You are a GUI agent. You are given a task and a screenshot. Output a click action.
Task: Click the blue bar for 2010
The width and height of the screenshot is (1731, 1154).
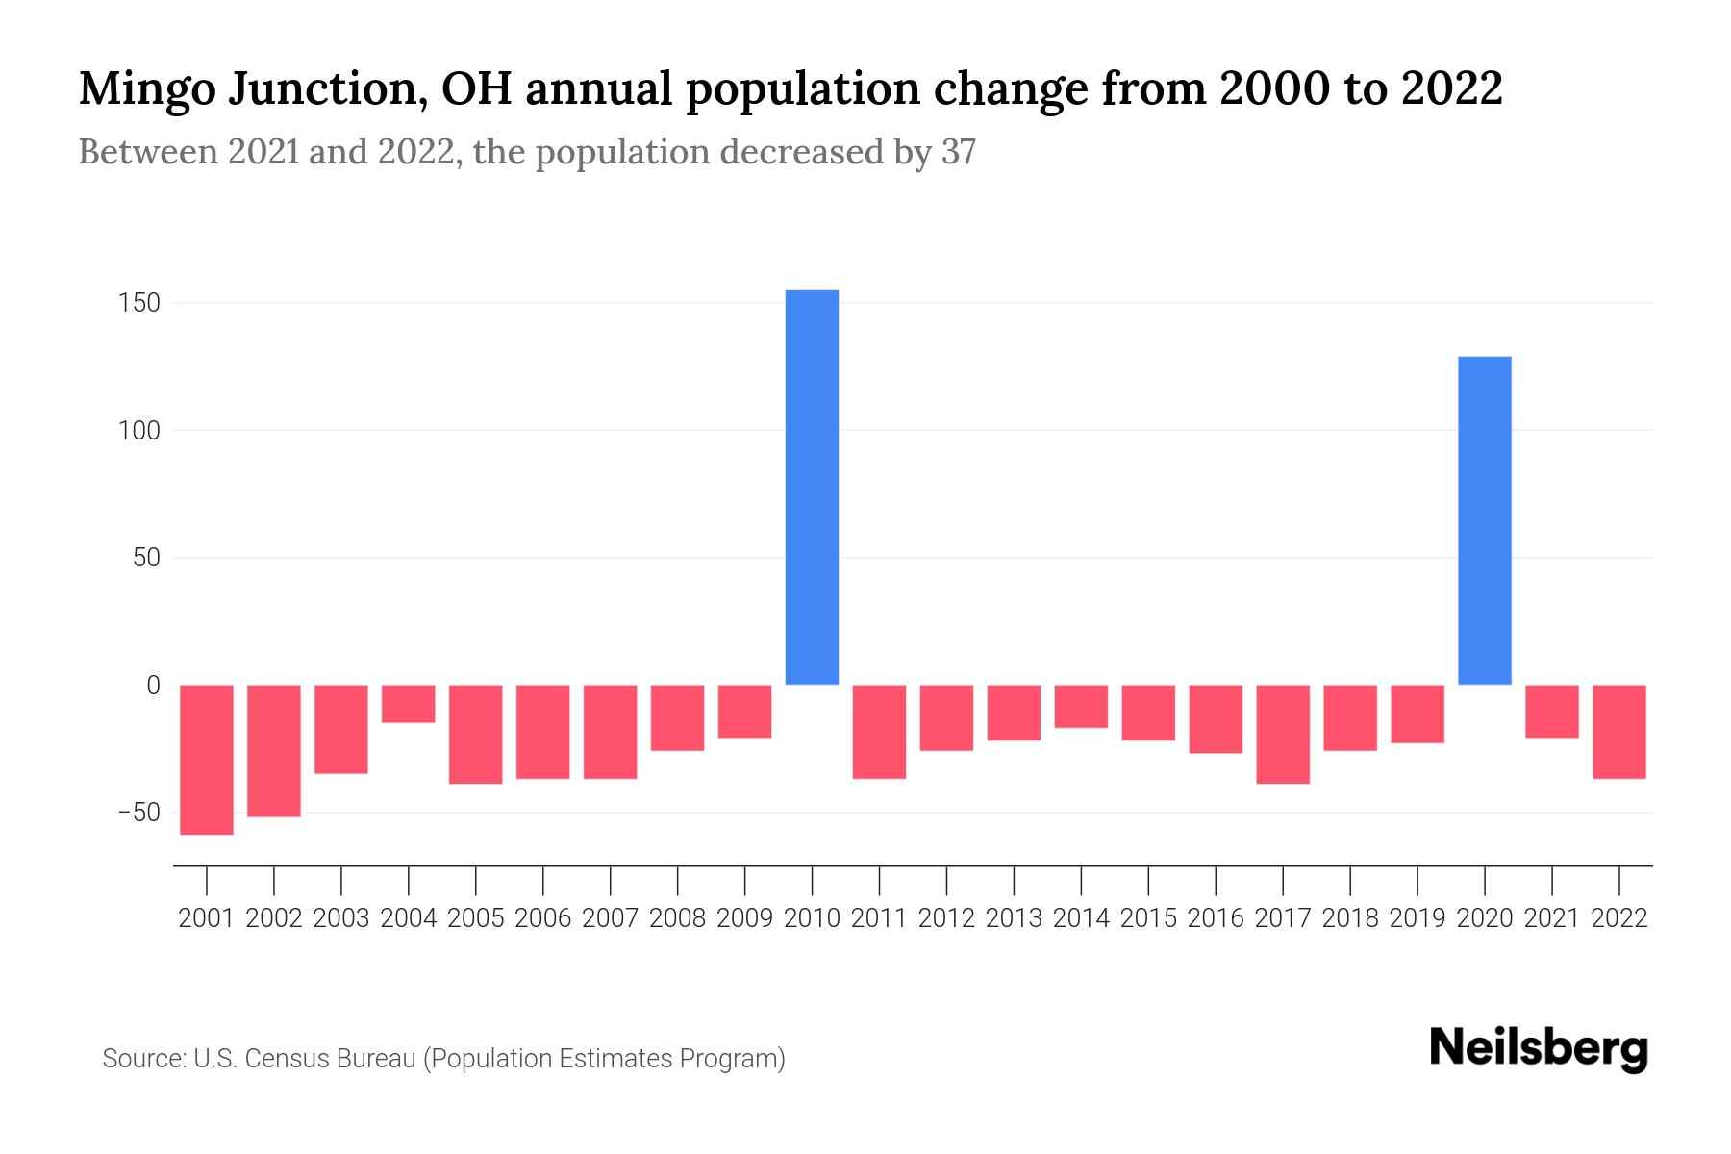[812, 487]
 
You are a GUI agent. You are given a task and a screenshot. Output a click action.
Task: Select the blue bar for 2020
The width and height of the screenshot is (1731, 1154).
[1484, 520]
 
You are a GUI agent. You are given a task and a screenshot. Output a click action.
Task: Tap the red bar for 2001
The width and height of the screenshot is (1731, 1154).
[207, 759]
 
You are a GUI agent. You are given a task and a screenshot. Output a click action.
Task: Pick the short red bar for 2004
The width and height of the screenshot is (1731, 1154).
[409, 703]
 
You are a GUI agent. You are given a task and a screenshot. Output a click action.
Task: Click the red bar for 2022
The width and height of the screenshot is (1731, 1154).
[1618, 731]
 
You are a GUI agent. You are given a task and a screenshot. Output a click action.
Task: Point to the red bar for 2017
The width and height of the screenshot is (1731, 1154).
[1283, 734]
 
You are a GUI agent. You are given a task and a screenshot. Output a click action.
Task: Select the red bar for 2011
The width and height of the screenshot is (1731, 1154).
[879, 731]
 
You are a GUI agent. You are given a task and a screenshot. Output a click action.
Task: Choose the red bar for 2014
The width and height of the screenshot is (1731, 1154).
[1081, 706]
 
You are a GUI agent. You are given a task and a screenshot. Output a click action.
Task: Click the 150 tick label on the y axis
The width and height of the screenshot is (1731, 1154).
[139, 303]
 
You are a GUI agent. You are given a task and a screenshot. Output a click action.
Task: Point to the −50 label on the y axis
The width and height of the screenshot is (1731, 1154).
[139, 813]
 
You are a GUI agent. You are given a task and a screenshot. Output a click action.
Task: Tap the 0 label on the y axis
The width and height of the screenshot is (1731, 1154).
[153, 685]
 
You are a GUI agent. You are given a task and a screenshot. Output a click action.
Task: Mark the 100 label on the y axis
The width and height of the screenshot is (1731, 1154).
[139, 431]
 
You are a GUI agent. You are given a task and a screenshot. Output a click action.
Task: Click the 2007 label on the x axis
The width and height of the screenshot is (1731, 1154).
[610, 918]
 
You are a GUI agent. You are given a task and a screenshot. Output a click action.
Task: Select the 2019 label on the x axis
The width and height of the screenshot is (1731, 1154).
[1417, 918]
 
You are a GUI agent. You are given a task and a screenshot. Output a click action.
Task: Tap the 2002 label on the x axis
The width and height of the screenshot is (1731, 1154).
[274, 918]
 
